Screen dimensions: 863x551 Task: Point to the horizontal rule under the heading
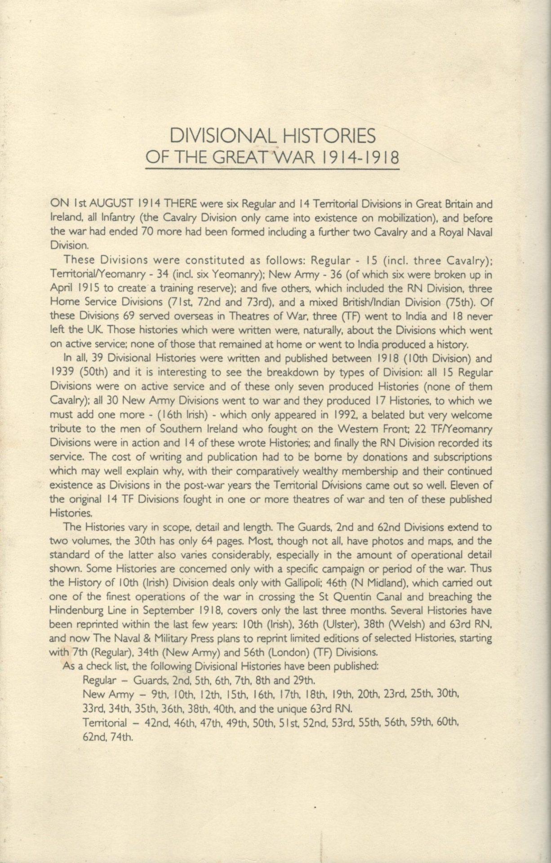point(272,169)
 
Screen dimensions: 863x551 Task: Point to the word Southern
point(164,428)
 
